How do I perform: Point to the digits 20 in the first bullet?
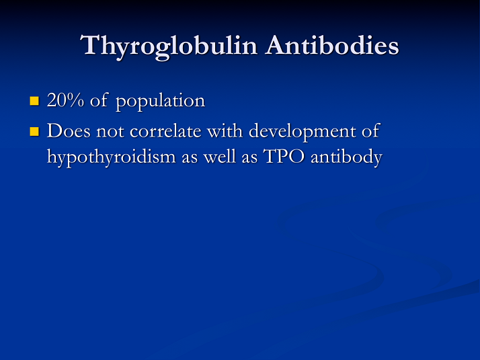pos(54,101)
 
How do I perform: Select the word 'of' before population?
pos(98,101)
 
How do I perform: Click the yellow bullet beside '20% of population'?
pos(35,102)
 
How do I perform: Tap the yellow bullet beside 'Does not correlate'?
pos(35,131)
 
